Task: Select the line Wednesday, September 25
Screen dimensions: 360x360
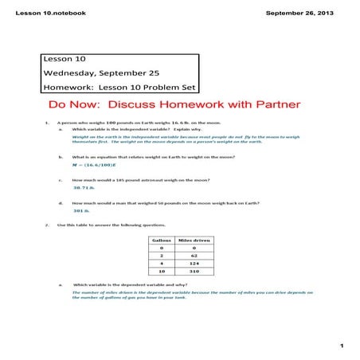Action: pos(96,73)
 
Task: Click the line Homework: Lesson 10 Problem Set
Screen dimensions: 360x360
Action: pos(117,88)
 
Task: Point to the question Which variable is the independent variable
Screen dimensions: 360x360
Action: pos(131,130)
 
